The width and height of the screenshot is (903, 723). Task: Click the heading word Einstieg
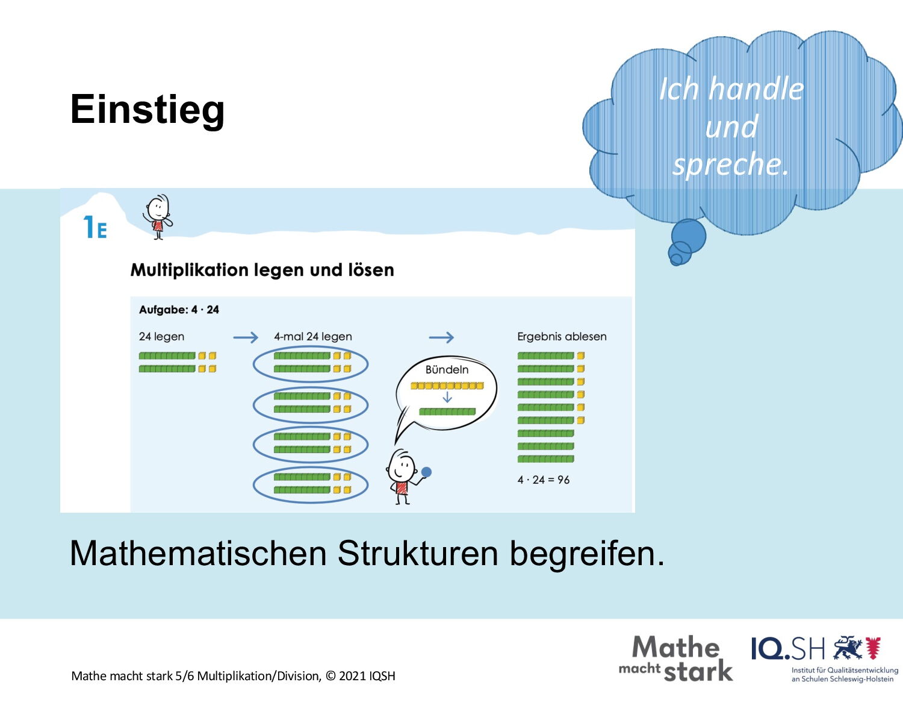point(147,110)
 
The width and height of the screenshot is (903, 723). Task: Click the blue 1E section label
point(95,227)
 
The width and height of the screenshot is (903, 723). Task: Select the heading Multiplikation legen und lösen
point(262,270)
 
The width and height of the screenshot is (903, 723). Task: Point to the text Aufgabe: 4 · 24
point(179,310)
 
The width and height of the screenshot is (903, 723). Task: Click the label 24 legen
point(161,337)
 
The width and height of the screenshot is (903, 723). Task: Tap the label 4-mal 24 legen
point(313,337)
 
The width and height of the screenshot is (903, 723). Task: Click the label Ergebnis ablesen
point(562,337)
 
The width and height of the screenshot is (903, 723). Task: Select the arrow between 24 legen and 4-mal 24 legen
point(246,337)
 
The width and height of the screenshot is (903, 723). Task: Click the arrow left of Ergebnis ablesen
point(441,337)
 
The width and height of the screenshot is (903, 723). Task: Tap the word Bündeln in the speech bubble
point(447,370)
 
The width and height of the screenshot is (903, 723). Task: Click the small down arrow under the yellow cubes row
point(447,397)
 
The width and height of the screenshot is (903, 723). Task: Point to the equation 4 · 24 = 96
point(544,480)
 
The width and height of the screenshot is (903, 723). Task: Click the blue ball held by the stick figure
point(426,472)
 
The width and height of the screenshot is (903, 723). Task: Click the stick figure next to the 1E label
point(158,216)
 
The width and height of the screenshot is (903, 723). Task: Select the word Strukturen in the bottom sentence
point(418,554)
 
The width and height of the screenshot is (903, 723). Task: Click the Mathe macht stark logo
point(675,659)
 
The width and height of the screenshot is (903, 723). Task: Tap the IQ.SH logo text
point(788,649)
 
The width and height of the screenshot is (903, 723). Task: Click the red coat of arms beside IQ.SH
point(874,648)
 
